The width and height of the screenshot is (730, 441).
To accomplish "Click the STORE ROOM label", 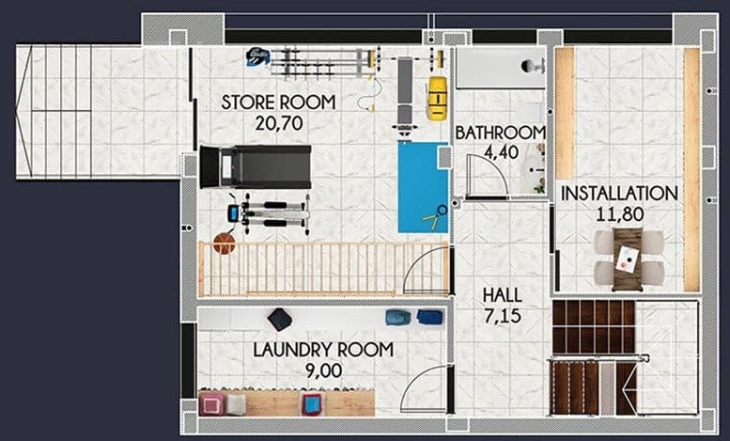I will point(278,102).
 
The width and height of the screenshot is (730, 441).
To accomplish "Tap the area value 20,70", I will point(278,121).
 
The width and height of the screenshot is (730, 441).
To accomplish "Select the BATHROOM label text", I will point(501,133).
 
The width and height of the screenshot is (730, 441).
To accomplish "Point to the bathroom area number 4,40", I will point(501,152).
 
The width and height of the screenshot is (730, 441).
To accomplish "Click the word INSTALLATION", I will point(619,194).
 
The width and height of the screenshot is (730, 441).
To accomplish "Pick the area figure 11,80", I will point(619,213).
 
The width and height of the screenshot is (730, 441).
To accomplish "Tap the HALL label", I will point(503,295).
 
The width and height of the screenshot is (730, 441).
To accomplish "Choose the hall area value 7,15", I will point(503,316).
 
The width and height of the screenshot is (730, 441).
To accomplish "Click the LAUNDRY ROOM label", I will point(323,351).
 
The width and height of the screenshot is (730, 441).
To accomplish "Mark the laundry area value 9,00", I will point(323,370).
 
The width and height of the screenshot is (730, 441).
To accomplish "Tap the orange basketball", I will point(224,244).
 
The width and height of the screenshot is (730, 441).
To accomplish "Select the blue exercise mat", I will point(422,187).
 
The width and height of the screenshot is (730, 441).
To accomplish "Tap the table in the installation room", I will point(627,258).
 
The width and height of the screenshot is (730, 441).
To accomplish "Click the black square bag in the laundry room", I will point(279,319).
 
